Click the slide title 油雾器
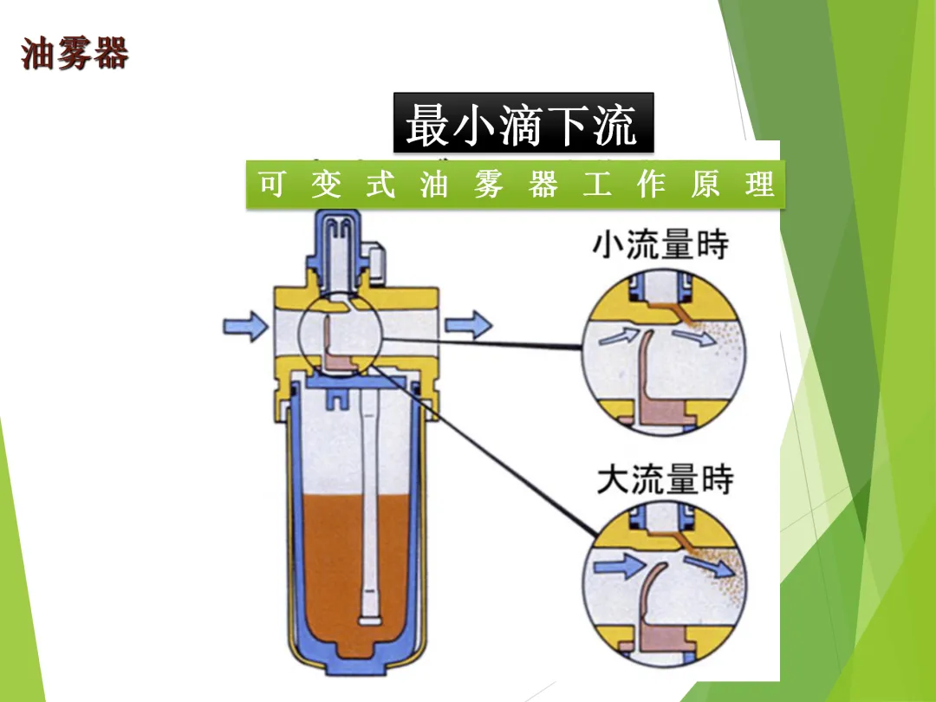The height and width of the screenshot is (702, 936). click(75, 54)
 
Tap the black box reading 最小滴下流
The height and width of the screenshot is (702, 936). click(523, 125)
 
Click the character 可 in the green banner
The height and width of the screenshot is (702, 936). click(271, 185)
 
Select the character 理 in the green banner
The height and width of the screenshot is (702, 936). click(759, 185)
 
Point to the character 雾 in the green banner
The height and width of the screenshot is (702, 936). click(488, 185)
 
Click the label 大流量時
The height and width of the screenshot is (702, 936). click(665, 479)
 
